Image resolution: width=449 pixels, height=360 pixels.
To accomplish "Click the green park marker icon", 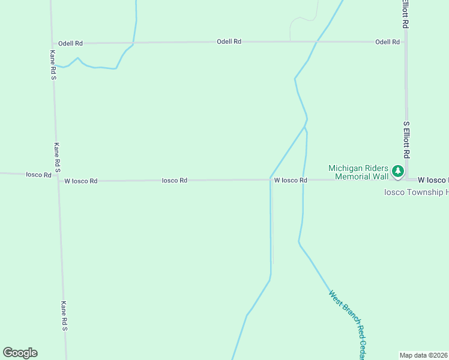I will point(397,172).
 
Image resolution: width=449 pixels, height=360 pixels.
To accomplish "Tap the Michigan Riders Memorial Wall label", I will point(359,172).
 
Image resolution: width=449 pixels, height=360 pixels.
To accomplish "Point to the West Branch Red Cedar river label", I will point(348,325).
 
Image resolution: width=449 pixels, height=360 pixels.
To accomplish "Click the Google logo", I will point(20,353).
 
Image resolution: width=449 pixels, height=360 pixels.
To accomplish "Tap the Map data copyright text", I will point(424,355).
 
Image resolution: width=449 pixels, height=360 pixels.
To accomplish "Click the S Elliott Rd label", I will point(406,140).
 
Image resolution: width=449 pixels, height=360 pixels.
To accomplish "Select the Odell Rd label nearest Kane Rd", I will point(70,43).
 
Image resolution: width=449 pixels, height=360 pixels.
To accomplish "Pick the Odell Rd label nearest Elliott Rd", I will point(387,42).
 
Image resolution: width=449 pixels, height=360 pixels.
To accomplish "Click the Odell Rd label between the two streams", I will point(229,41).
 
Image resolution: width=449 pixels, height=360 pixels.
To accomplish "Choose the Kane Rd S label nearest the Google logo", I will point(64,316).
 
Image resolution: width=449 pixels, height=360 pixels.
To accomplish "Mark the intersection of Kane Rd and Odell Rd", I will point(52,43).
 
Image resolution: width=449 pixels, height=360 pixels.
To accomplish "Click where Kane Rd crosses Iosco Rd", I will point(58,178).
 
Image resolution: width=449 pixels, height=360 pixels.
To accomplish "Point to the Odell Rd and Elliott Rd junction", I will point(406,42).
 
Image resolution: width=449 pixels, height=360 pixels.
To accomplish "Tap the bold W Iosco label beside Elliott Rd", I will point(432,180).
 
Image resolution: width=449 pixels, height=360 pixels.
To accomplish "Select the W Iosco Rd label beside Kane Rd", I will point(80,181).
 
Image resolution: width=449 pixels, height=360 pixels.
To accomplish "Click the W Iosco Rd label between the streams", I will point(291,180).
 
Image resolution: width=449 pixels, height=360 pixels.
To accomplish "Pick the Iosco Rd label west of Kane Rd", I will point(38,175).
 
